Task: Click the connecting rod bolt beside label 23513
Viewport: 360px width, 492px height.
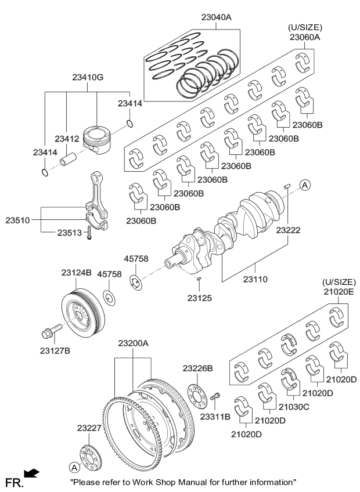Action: pos(89,233)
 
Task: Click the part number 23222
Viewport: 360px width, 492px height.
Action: pos(289,230)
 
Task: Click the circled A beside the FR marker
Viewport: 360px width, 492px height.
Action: pos(74,467)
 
